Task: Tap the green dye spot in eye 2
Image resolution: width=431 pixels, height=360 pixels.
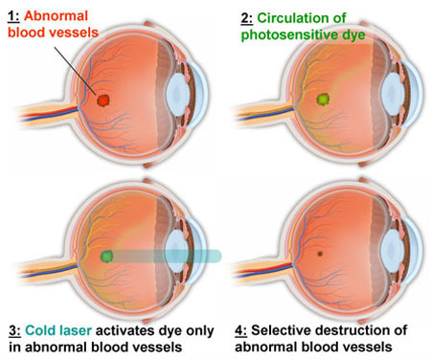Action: (323, 99)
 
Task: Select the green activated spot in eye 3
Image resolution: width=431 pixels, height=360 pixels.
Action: (106, 256)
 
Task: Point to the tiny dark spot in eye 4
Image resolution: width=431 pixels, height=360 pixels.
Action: (320, 255)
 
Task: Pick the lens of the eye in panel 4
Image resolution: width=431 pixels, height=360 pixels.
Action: (394, 255)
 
